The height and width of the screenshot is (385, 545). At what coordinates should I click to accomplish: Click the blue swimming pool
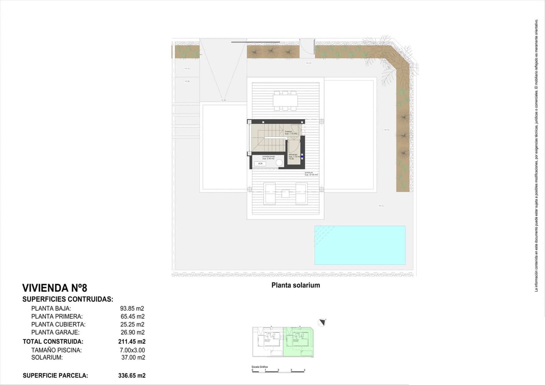click(x=360, y=245)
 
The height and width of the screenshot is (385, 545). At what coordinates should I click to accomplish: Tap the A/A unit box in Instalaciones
click(x=260, y=164)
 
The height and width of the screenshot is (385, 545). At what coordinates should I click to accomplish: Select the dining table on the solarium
click(x=285, y=101)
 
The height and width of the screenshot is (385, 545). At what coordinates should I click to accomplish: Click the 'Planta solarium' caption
click(x=296, y=285)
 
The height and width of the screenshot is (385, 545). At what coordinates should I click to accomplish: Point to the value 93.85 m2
click(x=132, y=309)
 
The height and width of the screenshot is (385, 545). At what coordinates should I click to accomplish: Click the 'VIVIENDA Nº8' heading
click(x=55, y=288)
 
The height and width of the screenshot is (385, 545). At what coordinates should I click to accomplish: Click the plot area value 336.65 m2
click(x=132, y=376)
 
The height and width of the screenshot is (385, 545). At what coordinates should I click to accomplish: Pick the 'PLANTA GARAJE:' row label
click(x=56, y=333)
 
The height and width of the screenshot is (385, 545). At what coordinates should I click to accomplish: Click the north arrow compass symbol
click(x=322, y=322)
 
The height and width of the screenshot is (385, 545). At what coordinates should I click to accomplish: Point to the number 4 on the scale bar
click(x=304, y=370)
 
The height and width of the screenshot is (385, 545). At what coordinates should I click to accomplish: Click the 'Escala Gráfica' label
click(x=260, y=367)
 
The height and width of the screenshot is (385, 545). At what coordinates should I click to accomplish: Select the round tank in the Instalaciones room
click(x=280, y=163)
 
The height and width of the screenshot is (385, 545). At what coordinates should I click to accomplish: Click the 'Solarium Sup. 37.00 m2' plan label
click(x=311, y=174)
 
